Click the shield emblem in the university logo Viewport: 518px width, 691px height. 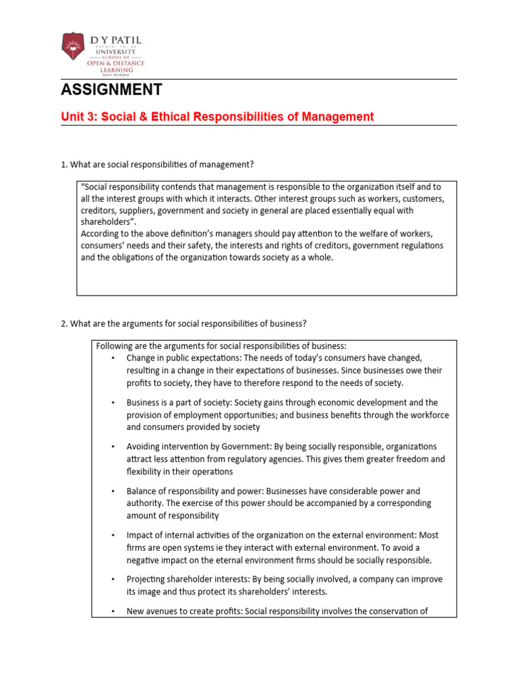(x=71, y=47)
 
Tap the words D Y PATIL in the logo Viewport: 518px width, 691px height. (x=116, y=40)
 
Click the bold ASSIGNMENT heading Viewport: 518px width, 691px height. (x=111, y=90)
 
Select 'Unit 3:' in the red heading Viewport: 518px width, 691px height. (x=80, y=117)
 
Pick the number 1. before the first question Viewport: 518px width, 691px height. (x=64, y=165)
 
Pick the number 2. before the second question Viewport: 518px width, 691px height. (x=64, y=324)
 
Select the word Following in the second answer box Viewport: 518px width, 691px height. (x=115, y=345)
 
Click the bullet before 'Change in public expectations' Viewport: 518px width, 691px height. (x=113, y=358)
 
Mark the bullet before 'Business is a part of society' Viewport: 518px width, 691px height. (x=113, y=403)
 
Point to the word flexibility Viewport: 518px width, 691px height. (x=144, y=472)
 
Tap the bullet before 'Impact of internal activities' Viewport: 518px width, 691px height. (x=113, y=535)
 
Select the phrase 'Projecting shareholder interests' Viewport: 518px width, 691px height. (x=190, y=580)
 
